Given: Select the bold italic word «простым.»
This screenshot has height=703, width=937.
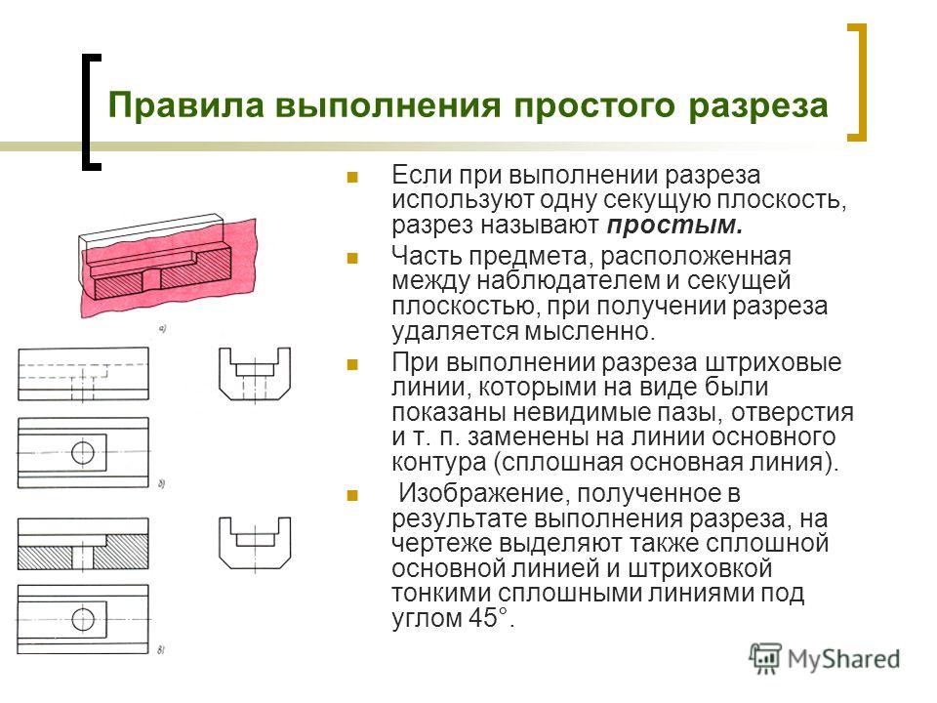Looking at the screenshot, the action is [x=674, y=226].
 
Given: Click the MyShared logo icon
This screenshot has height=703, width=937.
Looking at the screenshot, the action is [x=765, y=659].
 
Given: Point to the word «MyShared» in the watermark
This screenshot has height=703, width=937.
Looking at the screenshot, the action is [x=843, y=659].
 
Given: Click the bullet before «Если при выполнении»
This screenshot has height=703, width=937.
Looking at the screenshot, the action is [x=352, y=177].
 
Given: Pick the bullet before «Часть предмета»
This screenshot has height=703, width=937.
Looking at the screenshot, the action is [x=352, y=258].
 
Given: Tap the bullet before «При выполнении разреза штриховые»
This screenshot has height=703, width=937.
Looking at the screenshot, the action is [x=352, y=364].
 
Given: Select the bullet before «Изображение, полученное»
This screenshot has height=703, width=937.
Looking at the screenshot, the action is [x=352, y=495].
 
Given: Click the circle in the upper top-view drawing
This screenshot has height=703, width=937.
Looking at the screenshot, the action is [x=82, y=452].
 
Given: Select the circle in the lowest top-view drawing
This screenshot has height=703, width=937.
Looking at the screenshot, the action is [x=82, y=619].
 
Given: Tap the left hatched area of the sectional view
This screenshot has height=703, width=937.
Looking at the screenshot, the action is [x=45, y=558].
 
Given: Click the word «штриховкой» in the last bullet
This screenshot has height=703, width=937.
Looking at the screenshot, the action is [x=700, y=568].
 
